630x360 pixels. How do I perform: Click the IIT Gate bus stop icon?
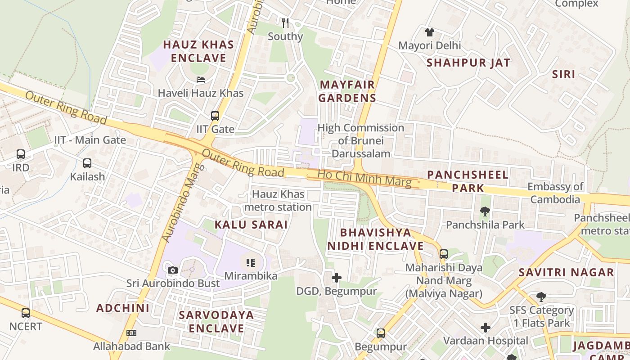click(215, 116)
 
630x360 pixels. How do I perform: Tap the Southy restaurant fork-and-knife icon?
click(285, 22)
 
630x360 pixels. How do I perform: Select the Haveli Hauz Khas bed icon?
click(201, 80)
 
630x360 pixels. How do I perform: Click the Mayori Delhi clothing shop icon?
click(430, 32)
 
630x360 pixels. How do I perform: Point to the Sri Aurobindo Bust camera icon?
click(173, 270)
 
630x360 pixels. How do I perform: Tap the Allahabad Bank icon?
click(131, 333)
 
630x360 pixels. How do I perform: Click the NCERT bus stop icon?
click(26, 313)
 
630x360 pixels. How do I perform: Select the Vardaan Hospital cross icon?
click(486, 328)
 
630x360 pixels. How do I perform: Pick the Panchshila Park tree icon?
click(485, 211)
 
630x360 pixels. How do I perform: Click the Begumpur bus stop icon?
click(381, 333)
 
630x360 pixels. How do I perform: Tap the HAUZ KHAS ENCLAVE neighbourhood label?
click(198, 51)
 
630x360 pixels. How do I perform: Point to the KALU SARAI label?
click(251, 225)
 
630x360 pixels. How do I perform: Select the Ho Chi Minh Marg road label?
click(364, 178)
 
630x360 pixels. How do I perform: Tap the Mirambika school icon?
click(251, 262)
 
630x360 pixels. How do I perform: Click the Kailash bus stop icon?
click(87, 163)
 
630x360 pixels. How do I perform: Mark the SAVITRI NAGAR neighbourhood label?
click(566, 272)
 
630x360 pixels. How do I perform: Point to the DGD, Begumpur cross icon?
click(336, 278)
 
